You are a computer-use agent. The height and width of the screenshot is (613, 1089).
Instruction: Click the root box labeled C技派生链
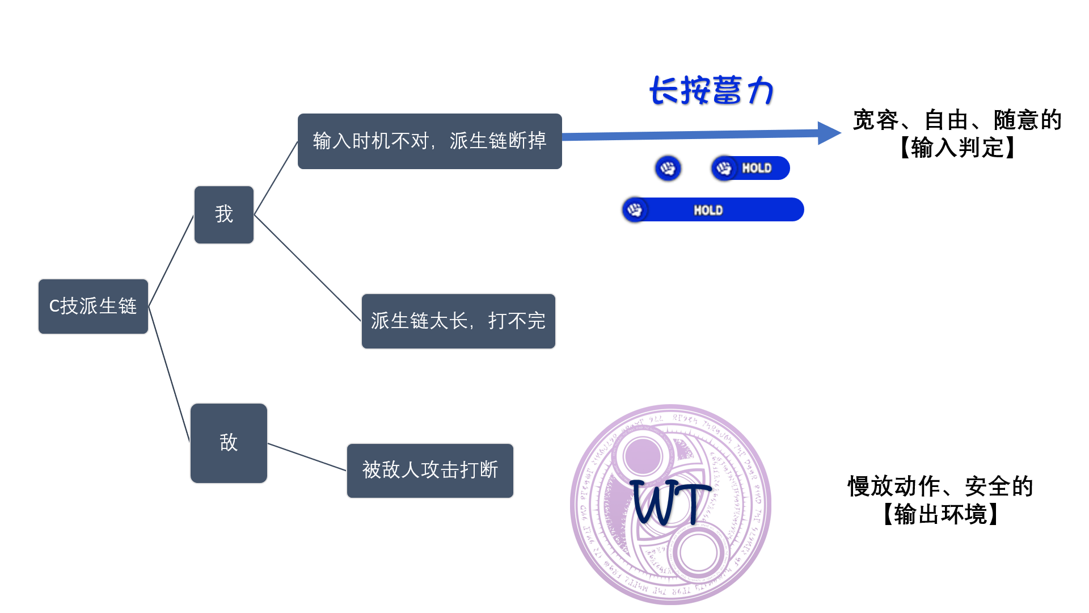93,306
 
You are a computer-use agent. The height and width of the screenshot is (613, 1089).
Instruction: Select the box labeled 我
224,215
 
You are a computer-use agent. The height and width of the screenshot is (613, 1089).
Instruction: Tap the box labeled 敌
229,443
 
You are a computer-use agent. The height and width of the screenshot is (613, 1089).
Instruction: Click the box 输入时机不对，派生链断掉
429,141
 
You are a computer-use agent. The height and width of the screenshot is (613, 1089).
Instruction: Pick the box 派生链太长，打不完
458,321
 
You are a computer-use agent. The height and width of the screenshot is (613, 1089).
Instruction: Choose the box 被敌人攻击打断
430,471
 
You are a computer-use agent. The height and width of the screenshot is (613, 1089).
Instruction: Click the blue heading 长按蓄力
711,91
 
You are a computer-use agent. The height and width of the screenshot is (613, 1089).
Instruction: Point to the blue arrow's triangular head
828,133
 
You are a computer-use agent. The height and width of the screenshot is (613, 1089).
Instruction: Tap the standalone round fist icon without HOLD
668,169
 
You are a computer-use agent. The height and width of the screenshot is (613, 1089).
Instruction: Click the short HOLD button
751,169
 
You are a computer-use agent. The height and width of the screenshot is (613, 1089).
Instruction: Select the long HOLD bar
714,210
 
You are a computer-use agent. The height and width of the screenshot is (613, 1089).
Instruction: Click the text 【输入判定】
957,148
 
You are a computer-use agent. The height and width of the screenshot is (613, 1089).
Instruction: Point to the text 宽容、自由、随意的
957,120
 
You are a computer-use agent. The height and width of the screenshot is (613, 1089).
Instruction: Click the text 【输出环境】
940,515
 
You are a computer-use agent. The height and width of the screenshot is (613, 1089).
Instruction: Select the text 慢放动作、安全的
940,486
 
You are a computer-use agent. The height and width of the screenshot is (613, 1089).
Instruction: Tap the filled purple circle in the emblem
642,456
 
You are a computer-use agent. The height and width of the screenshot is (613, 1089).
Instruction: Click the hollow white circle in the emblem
698,553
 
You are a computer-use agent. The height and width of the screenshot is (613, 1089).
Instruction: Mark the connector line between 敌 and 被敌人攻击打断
307,457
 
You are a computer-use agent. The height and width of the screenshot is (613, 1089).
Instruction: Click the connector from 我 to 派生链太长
307,267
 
